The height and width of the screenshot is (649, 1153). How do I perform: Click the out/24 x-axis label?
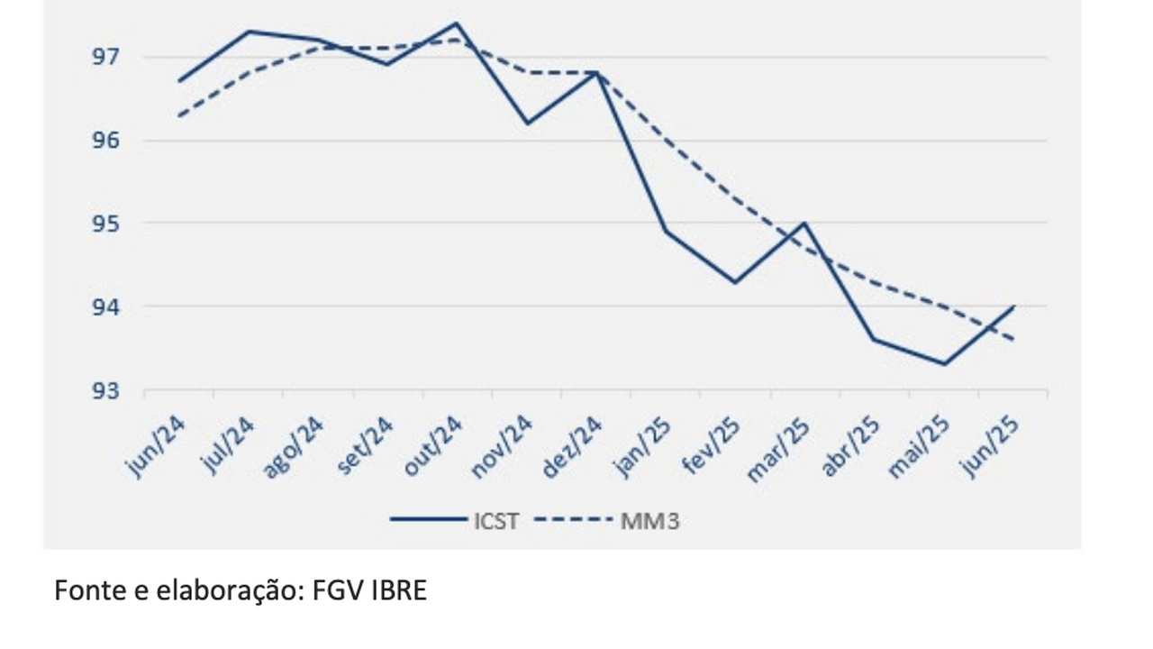tap(434, 447)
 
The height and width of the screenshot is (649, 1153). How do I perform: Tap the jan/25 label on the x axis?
tap(642, 447)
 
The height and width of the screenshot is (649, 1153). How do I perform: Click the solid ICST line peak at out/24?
tap(457, 23)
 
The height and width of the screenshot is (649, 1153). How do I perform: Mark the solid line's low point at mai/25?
tap(944, 364)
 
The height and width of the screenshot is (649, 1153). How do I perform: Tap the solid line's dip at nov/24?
tap(527, 123)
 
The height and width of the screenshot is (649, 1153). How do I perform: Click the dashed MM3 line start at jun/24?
tap(180, 115)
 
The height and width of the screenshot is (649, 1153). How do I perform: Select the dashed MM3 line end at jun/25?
tap(1013, 340)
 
